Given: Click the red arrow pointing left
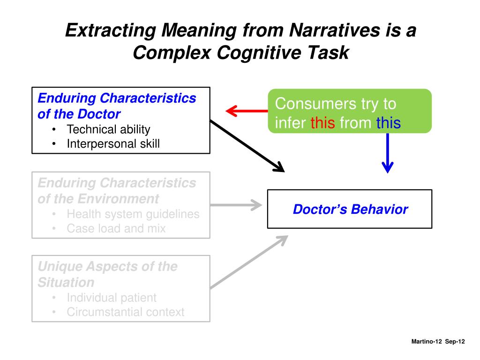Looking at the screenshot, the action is [247, 111].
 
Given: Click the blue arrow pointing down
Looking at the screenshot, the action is [388, 153].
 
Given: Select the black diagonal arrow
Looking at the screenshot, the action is [247, 146].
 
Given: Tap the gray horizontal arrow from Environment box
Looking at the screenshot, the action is [236, 205].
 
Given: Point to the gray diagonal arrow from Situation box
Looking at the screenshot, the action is [249, 262].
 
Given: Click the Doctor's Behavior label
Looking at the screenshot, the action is [350, 210].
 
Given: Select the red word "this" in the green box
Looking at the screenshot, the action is [322, 123].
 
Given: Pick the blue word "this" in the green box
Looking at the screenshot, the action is [389, 123].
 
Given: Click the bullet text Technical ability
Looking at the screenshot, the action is [108, 129].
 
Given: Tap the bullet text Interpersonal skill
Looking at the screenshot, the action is [113, 143].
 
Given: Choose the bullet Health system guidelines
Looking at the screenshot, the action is [133, 214].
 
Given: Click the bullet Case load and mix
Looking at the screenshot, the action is [116, 228].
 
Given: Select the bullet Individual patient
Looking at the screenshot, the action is [112, 298].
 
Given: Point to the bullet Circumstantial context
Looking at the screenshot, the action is [126, 312].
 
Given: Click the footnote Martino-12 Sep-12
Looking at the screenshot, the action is [438, 341].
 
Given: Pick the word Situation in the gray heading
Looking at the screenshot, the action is [66, 282].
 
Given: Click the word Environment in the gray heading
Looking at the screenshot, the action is [119, 199].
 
